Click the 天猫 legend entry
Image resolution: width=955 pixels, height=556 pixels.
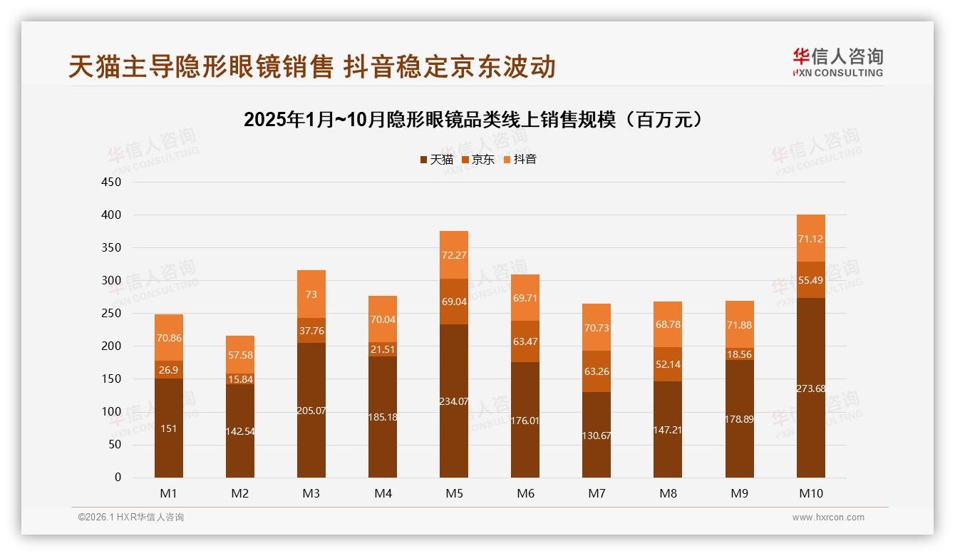tap(436, 160)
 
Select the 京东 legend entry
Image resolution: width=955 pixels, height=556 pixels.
tap(478, 160)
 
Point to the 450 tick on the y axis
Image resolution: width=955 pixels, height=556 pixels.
tap(113, 182)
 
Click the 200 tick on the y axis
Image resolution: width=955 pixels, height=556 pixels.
tap(113, 346)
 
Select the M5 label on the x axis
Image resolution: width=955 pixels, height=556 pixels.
tap(454, 493)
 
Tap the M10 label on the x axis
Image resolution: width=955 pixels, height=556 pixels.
tap(810, 493)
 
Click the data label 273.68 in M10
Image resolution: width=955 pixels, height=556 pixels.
tap(810, 388)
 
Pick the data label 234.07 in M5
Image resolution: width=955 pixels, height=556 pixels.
tap(454, 401)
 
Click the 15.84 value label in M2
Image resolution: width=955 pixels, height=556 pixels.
tap(240, 380)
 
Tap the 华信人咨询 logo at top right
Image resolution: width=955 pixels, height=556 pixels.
tap(837, 62)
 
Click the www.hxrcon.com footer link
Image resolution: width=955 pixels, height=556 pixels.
tap(828, 518)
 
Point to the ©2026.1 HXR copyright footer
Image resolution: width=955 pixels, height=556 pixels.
tap(131, 518)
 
